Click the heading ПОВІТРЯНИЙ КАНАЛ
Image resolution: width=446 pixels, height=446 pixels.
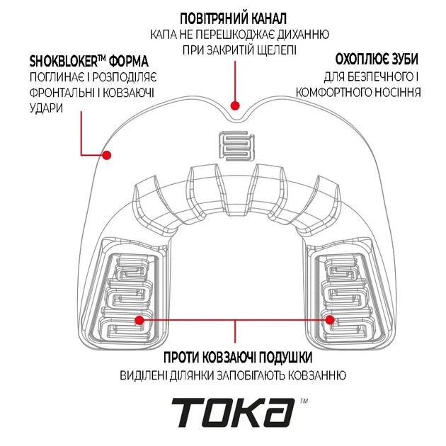[x=234, y=17]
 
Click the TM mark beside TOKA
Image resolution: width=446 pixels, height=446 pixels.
[x=304, y=401]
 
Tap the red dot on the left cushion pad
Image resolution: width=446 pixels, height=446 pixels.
[x=139, y=320]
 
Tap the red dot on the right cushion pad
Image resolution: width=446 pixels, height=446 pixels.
[x=329, y=320]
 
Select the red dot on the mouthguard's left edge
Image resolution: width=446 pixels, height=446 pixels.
[x=108, y=154]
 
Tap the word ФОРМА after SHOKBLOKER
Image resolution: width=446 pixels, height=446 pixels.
[x=130, y=60]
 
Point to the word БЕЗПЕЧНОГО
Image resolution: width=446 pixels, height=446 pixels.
[x=374, y=76]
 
